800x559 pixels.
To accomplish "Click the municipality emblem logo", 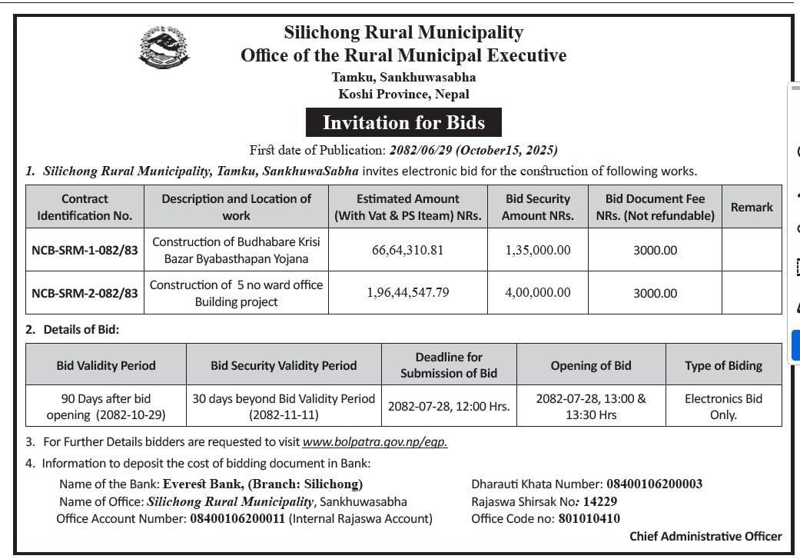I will pyautogui.click(x=164, y=47).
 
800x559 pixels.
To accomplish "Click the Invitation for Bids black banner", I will pyautogui.click(x=403, y=123).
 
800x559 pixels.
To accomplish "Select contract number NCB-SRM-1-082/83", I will pyautogui.click(x=85, y=250).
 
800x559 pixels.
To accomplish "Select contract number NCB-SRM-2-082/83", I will pyautogui.click(x=85, y=293).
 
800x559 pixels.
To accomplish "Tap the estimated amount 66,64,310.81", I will pyautogui.click(x=407, y=250).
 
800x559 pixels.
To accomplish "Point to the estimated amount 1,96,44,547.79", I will pyautogui.click(x=407, y=292).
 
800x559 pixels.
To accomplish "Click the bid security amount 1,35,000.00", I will pyautogui.click(x=538, y=250).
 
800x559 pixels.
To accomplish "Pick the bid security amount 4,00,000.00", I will pyautogui.click(x=538, y=292).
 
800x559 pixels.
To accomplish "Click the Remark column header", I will pyautogui.click(x=752, y=207).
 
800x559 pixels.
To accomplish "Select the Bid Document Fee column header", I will pyautogui.click(x=655, y=207).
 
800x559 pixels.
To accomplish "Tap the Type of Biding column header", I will pyautogui.click(x=723, y=365).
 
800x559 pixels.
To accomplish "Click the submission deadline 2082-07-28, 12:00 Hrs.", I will pyautogui.click(x=449, y=407).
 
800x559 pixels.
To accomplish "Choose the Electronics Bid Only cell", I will pyautogui.click(x=723, y=407).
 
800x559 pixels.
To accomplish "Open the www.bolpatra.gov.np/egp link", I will pyautogui.click(x=375, y=442).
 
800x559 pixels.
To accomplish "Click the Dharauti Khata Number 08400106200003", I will pyautogui.click(x=654, y=484).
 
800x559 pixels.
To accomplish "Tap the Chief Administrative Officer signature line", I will pyautogui.click(x=705, y=537).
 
